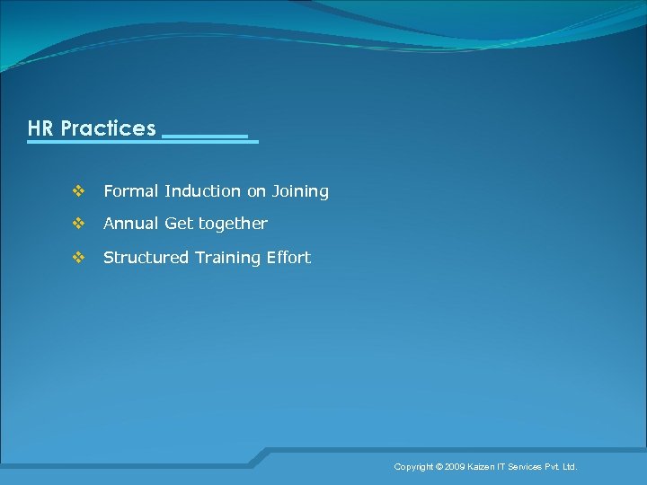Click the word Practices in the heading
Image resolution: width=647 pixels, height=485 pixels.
(108, 128)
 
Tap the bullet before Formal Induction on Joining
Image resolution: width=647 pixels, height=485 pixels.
(77, 191)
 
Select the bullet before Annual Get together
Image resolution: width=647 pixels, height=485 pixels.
(77, 224)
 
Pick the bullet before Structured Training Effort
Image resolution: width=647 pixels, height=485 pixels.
(77, 258)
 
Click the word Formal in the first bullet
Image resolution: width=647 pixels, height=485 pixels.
(131, 191)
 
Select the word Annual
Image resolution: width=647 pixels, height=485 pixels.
(131, 224)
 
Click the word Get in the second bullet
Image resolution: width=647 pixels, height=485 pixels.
(179, 224)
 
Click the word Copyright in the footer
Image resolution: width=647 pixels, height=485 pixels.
(413, 467)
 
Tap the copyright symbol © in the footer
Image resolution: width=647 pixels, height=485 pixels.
(439, 467)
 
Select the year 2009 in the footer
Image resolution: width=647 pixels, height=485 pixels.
(456, 467)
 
